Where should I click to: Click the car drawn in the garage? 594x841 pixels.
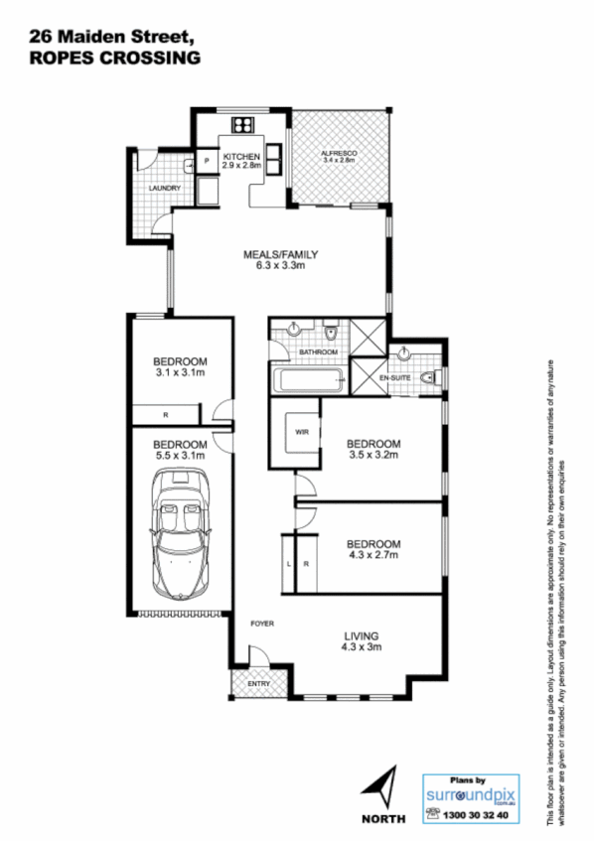click(x=180, y=531)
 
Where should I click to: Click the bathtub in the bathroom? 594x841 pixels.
click(x=308, y=378)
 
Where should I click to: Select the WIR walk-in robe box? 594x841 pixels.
click(x=301, y=433)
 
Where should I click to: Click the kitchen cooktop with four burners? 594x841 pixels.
click(x=243, y=125)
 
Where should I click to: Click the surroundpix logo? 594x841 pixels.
click(x=472, y=794)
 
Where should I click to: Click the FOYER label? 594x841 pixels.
click(x=261, y=623)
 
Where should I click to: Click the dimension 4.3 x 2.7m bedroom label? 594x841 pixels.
click(x=373, y=556)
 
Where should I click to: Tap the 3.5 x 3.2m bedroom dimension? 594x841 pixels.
click(x=373, y=457)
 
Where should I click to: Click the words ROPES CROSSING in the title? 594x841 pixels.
click(x=114, y=58)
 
